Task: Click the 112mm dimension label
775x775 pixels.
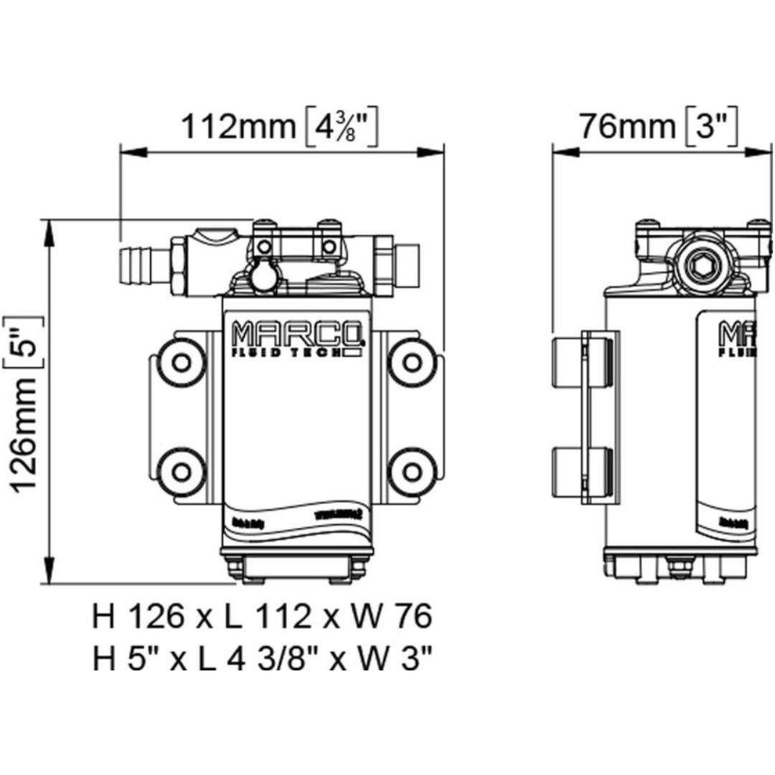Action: tap(237, 128)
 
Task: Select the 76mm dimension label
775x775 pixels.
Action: tap(627, 127)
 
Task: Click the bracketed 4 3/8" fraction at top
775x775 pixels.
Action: tap(337, 128)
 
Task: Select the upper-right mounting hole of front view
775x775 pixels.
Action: tap(410, 361)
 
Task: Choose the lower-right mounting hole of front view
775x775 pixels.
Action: tap(410, 469)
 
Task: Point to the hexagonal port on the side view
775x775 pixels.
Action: tap(700, 268)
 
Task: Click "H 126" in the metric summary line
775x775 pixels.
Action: tap(136, 616)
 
